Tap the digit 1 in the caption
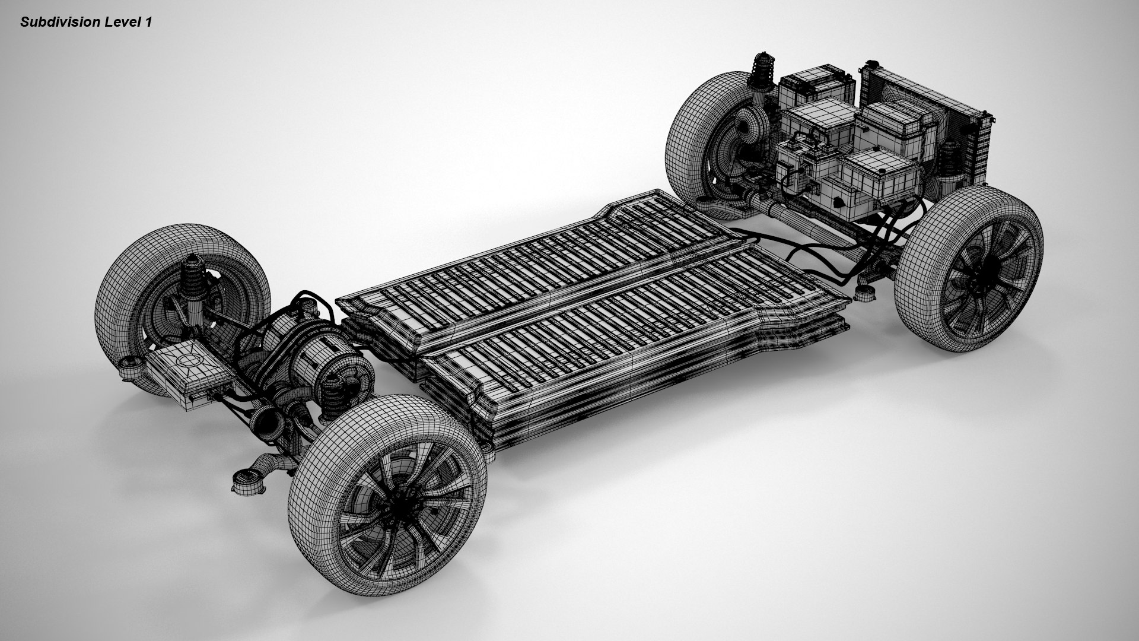point(148,23)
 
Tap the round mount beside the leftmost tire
point(129,369)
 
